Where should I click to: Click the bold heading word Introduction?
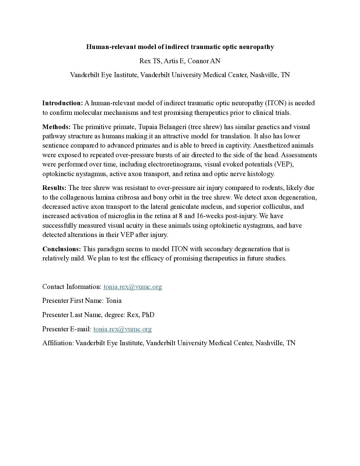coord(62,103)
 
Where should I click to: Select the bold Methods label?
coord(56,127)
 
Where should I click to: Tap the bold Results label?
coord(54,188)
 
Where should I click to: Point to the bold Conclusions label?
coord(62,249)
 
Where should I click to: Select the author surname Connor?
coord(200,61)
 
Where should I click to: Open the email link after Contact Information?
coord(133,287)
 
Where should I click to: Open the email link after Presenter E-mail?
coord(122,329)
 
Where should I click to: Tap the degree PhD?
coord(148,315)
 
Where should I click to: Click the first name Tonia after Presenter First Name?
coord(113,301)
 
